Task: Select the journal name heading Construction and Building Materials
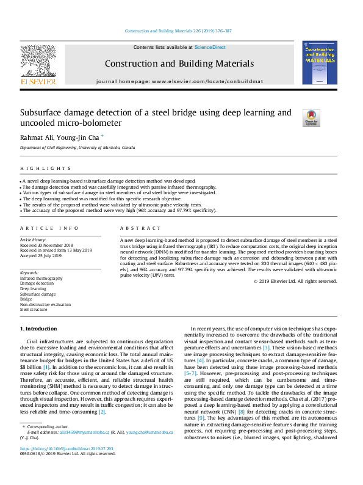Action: pyautogui.click(x=179, y=64)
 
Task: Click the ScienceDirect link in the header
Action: pyautogui.click(x=210, y=47)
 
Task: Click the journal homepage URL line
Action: pyautogui.click(x=179, y=81)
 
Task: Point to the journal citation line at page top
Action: pyautogui.click(x=181, y=30)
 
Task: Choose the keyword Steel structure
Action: pyautogui.click(x=34, y=310)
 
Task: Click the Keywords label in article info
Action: pyautogui.click(x=30, y=272)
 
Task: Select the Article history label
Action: pyautogui.click(x=33, y=240)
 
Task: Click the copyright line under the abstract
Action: pyautogui.click(x=295, y=281)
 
